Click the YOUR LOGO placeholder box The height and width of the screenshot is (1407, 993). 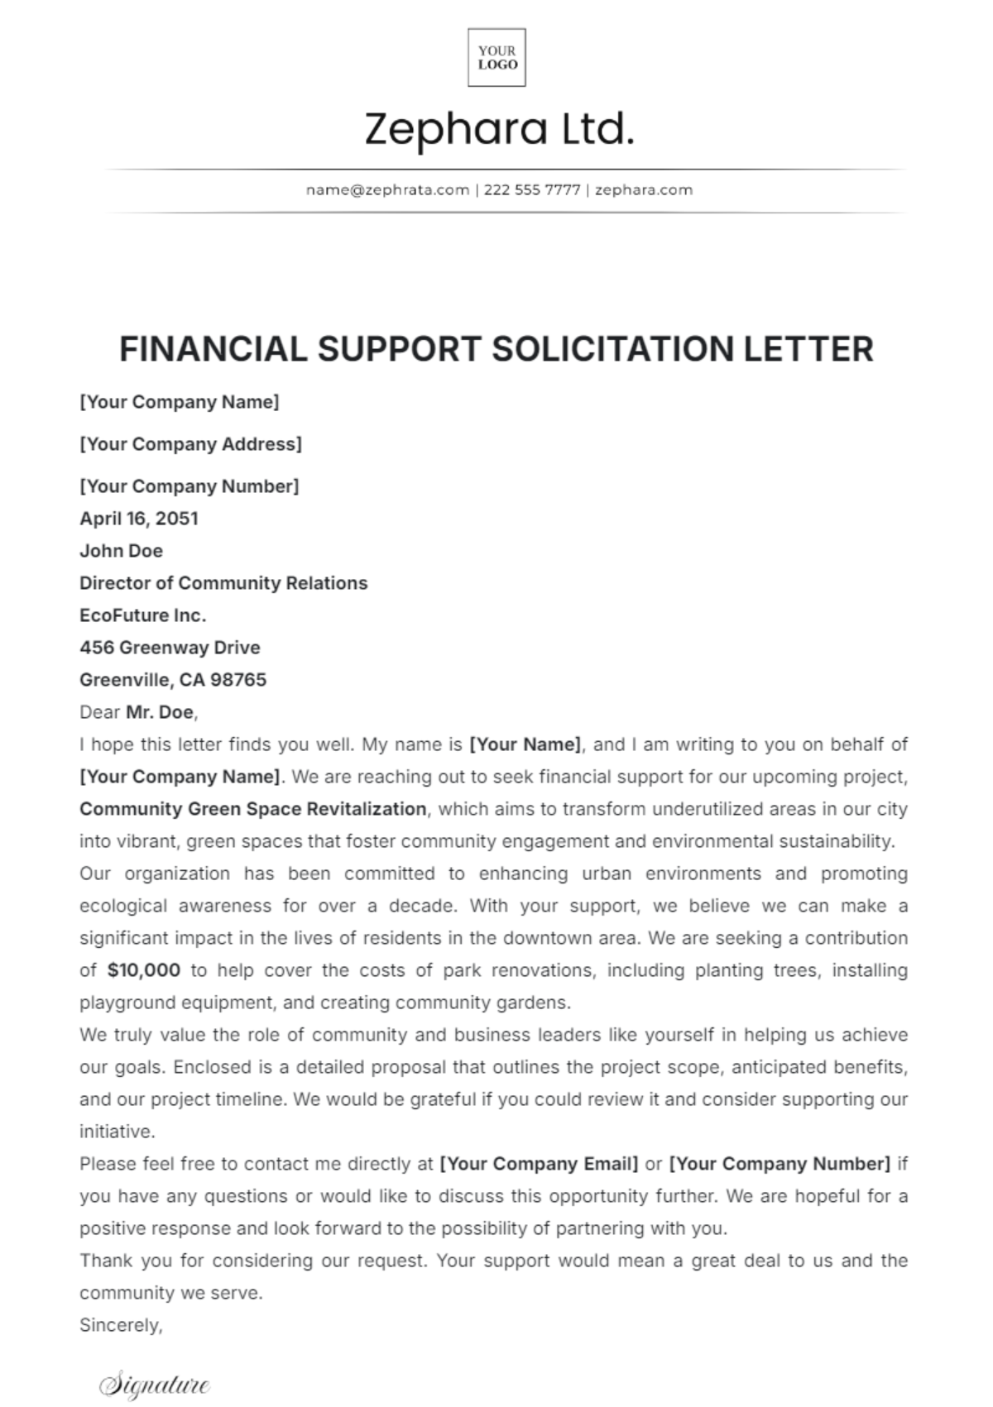(496, 57)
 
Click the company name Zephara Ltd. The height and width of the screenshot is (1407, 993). (499, 130)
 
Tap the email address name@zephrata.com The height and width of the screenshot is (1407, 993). (387, 189)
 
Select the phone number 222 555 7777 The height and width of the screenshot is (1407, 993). (532, 189)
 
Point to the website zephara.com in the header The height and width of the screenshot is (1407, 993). (643, 189)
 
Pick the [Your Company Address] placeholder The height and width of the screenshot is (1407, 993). (190, 444)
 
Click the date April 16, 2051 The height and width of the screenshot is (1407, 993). (138, 519)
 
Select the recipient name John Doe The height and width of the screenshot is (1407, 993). (121, 551)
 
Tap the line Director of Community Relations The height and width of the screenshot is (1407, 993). (223, 583)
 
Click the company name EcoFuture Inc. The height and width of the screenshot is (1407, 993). (142, 615)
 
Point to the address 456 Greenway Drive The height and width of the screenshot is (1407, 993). (170, 648)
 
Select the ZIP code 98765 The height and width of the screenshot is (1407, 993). (238, 680)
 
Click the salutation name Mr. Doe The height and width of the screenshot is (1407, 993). (161, 712)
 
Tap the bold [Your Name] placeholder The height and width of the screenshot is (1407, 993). (525, 744)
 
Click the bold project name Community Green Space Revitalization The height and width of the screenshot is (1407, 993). (253, 809)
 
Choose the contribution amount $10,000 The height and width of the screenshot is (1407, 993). (144, 970)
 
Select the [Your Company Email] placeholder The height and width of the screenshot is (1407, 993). (539, 1164)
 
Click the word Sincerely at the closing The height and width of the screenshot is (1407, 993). (120, 1325)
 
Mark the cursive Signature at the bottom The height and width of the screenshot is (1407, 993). (155, 1385)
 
